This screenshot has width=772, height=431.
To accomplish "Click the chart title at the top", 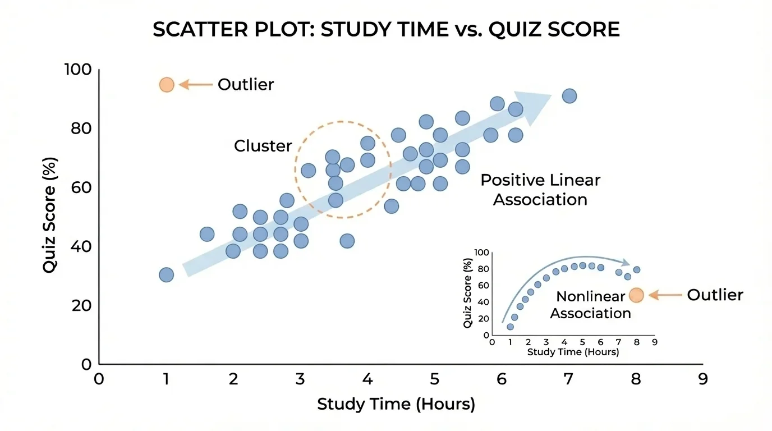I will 386,30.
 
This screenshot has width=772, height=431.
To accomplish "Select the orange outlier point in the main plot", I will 167,85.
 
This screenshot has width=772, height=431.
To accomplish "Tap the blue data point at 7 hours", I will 569,96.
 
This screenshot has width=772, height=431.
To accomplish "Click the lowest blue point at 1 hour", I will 166,274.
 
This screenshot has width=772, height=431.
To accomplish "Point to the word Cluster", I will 263,146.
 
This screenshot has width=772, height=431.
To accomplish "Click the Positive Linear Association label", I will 540,190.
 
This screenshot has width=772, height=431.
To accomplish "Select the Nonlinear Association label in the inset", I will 590,305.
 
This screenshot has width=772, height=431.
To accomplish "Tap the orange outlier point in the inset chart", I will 636,295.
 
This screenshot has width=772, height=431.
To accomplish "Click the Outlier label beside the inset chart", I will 715,295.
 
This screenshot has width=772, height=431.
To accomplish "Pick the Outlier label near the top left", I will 246,85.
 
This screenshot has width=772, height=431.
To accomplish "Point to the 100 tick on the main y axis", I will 77,70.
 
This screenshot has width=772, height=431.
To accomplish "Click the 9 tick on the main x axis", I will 702,379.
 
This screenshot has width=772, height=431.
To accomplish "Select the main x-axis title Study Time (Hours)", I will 396,404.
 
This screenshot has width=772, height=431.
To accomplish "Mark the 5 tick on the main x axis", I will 434,379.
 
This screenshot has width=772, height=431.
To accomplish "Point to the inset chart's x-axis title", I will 573,352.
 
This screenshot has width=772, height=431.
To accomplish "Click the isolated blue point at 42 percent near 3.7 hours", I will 347,241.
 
